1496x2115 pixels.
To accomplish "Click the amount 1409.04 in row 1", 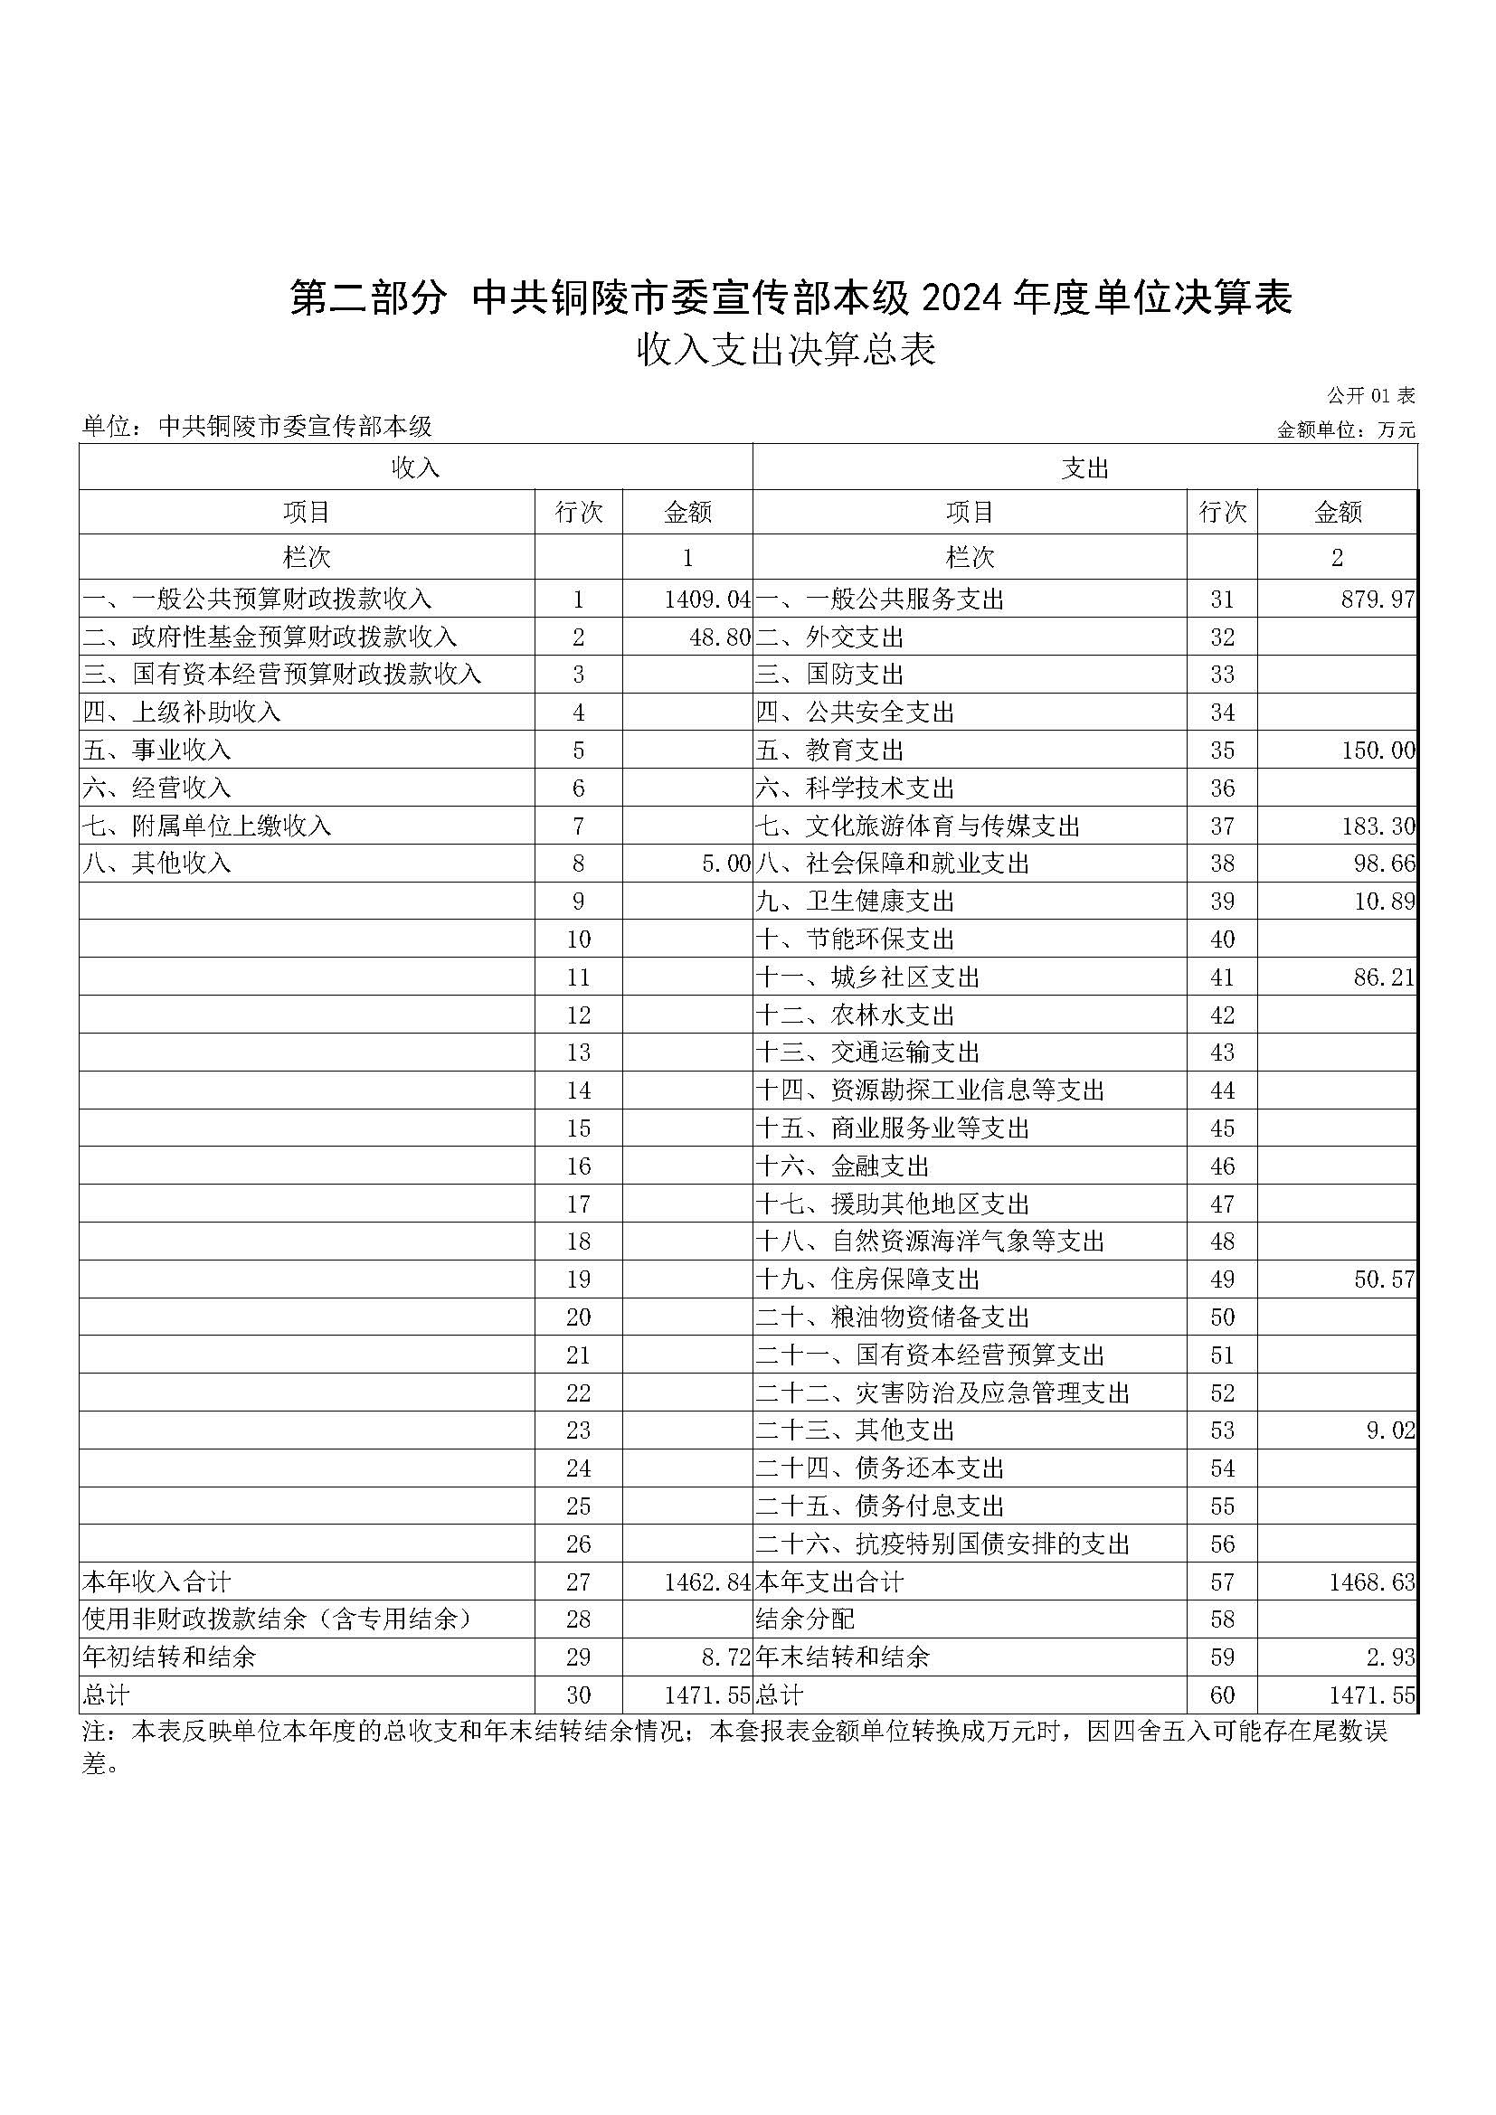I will click(x=706, y=600).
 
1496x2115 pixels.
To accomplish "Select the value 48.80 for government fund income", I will click(x=719, y=637).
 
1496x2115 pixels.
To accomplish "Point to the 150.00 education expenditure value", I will click(x=1378, y=751).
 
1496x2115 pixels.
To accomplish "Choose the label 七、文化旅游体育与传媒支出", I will click(x=917, y=826).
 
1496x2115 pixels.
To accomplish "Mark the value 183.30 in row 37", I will click(x=1378, y=826).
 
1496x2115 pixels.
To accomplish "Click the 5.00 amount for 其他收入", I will click(x=726, y=864).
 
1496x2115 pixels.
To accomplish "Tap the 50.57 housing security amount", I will click(x=1384, y=1279).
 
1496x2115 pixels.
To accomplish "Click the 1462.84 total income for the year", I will click(x=706, y=1582).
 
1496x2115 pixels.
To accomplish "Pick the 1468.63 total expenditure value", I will click(x=1370, y=1582).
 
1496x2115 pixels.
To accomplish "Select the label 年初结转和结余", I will click(x=169, y=1658).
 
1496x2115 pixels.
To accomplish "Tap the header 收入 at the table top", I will click(x=415, y=468).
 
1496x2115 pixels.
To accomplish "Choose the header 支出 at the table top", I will click(x=1084, y=468).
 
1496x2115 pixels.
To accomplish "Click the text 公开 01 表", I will click(x=1369, y=396).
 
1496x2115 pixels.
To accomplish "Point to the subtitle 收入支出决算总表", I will click(x=786, y=350).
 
